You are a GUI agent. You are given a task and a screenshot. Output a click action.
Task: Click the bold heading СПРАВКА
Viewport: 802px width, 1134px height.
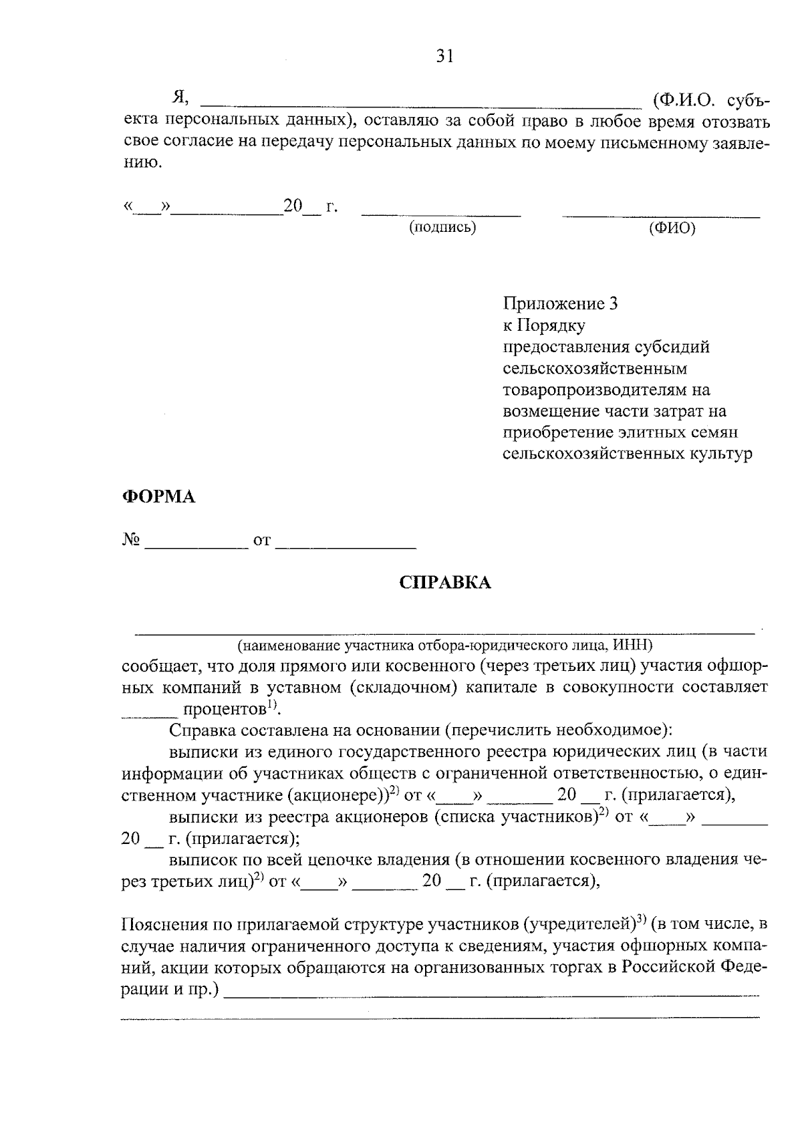coord(445,583)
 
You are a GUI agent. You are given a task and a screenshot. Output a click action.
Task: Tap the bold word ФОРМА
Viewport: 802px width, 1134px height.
coord(158,497)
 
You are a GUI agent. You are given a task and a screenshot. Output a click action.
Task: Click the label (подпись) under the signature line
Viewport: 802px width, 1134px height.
coord(442,227)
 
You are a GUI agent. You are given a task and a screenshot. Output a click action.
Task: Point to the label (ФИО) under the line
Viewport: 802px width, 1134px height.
coord(672,229)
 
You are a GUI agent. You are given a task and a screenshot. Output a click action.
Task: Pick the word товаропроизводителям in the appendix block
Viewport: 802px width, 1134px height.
coord(606,390)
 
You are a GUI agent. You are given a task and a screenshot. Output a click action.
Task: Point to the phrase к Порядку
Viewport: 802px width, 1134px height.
coord(544,325)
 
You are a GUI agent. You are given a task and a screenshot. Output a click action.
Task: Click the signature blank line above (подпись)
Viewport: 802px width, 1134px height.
coord(441,215)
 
